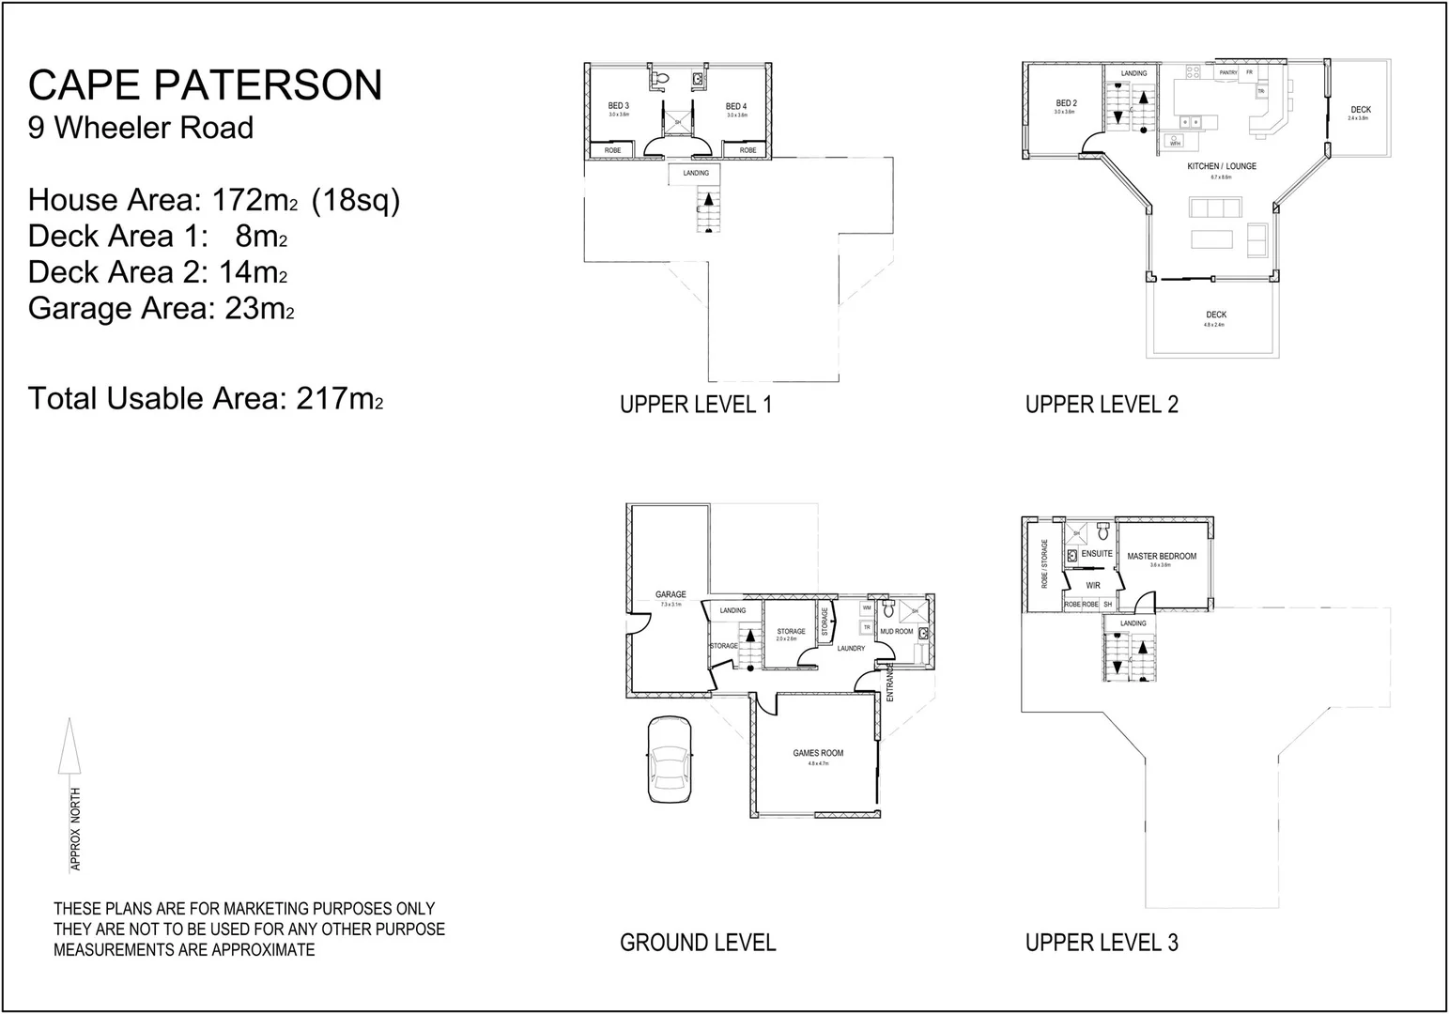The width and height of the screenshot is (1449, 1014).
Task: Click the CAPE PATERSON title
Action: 205,85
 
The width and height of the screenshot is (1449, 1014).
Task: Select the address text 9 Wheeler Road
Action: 141,128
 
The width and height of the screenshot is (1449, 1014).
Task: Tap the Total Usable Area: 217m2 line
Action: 205,399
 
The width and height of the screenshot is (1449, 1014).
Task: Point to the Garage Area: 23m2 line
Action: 161,309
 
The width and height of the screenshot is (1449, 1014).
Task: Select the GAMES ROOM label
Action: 818,753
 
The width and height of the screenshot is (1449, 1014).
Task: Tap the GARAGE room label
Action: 671,594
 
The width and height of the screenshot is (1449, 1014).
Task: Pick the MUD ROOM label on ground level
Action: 896,632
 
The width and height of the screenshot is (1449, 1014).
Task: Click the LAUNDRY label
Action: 851,649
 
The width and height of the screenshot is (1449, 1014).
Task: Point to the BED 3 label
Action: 618,106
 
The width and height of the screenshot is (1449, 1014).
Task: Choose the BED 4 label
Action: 736,107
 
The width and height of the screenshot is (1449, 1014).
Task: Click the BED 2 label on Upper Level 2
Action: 1066,103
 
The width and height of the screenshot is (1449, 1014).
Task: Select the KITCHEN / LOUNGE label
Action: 1221,166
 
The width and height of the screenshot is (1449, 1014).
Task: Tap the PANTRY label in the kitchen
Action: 1227,73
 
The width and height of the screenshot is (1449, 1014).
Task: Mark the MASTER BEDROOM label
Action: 1162,557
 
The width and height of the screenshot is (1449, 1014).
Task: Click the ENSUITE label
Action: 1096,554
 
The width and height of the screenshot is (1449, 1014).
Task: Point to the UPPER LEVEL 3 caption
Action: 1101,943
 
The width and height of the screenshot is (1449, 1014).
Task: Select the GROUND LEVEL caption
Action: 698,943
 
